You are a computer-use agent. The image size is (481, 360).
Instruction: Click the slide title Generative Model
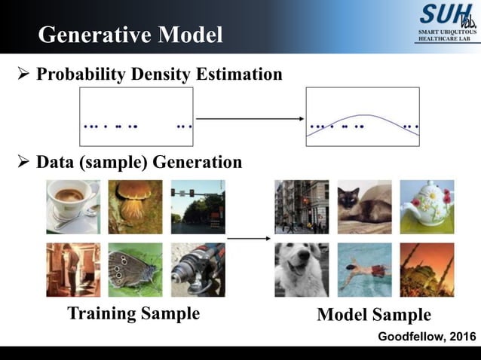(x=130, y=35)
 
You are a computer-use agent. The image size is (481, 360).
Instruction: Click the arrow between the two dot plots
(x=249, y=118)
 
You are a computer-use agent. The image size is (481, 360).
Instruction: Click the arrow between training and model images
(x=249, y=239)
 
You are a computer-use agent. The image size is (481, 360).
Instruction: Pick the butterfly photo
(x=135, y=269)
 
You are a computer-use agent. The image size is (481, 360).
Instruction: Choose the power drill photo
(x=198, y=269)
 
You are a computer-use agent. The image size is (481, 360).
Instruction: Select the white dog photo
(x=302, y=269)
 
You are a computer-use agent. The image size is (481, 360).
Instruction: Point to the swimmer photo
(x=364, y=269)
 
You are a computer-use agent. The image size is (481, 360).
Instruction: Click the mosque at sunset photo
(x=427, y=269)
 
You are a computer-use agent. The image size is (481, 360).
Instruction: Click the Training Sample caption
(x=133, y=313)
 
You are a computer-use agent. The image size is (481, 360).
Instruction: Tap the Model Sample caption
(x=374, y=315)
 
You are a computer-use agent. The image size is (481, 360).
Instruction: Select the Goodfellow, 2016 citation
(x=427, y=336)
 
